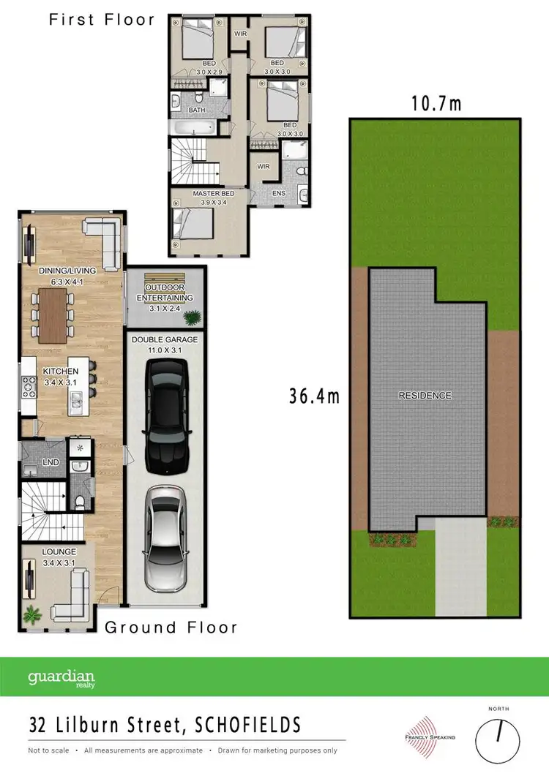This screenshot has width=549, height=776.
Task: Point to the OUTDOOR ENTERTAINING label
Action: pyautogui.click(x=165, y=293)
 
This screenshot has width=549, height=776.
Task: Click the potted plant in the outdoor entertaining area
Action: pyautogui.click(x=193, y=317)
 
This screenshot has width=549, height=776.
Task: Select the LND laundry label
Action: pyautogui.click(x=51, y=462)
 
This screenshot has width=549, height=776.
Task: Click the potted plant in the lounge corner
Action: pyautogui.click(x=32, y=614)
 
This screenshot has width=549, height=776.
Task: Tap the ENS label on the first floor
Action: pyautogui.click(x=278, y=193)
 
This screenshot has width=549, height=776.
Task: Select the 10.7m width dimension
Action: pyautogui.click(x=436, y=103)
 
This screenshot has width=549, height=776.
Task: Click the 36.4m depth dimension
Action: pyautogui.click(x=315, y=396)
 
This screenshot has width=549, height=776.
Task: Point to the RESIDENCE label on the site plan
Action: pyautogui.click(x=425, y=396)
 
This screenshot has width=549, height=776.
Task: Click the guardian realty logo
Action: pyautogui.click(x=61, y=677)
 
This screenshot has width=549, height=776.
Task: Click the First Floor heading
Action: pyautogui.click(x=102, y=19)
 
